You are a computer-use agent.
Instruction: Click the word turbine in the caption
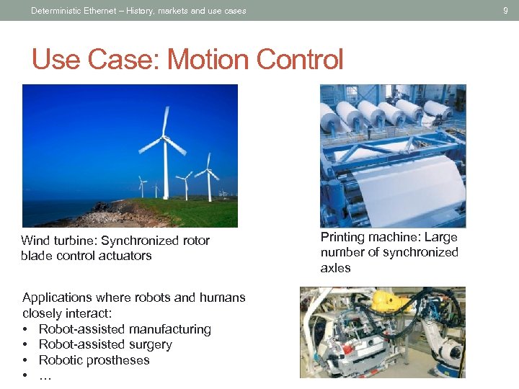74,241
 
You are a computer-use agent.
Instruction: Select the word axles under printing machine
335,268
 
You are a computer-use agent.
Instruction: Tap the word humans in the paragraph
222,298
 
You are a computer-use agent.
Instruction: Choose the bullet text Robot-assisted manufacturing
125,329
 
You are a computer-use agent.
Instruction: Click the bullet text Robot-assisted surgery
105,344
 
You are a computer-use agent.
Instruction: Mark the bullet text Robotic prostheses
94,360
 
